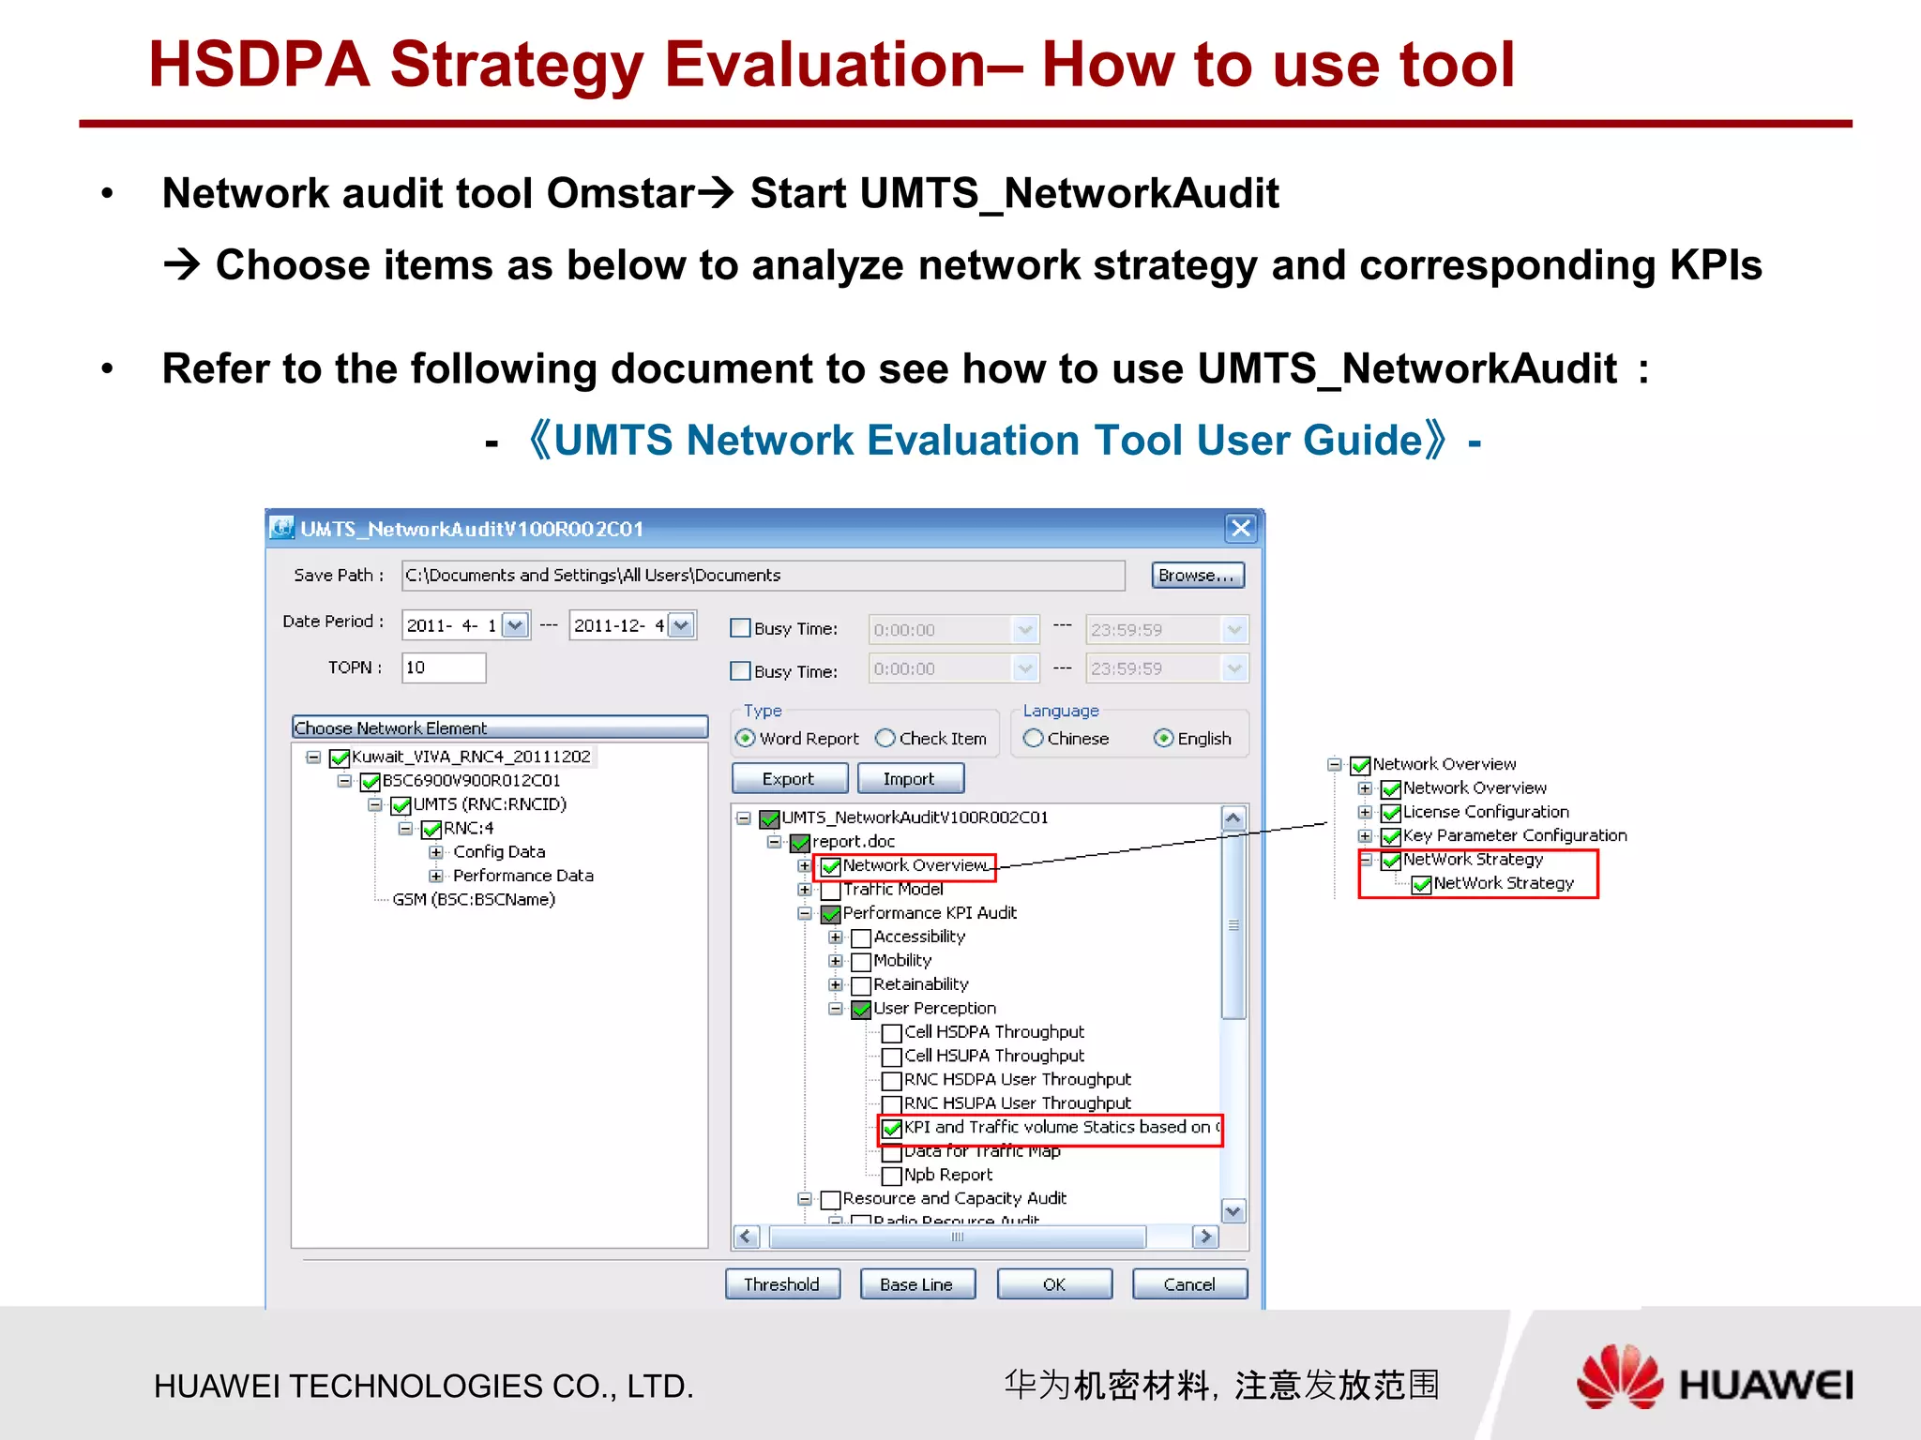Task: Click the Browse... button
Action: coord(1197,575)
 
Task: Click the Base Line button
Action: coord(916,1283)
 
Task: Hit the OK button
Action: coord(1053,1283)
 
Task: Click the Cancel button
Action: coord(1188,1283)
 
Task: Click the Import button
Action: coord(908,778)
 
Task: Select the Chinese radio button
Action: coord(1033,738)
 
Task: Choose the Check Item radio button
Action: coord(885,738)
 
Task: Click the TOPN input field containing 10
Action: coord(443,667)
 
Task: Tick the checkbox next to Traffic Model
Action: coord(830,890)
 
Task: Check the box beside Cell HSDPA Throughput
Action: coord(892,1032)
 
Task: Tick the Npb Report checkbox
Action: coord(892,1176)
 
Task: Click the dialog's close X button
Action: coord(1240,528)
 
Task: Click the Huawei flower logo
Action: coord(1618,1377)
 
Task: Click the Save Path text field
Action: coord(762,575)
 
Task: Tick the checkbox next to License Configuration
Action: coord(1391,813)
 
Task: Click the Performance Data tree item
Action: coord(522,876)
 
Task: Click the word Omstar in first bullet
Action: coord(620,194)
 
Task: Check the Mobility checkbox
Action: coord(861,961)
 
